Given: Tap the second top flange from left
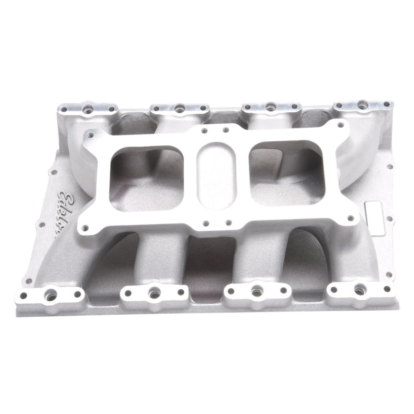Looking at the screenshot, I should (x=179, y=109).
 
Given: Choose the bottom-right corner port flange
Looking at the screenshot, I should (x=358, y=290).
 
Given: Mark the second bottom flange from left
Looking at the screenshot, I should (x=153, y=293).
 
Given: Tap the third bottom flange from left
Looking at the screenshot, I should (x=256, y=291).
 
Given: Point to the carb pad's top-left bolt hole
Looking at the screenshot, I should (x=91, y=136).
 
